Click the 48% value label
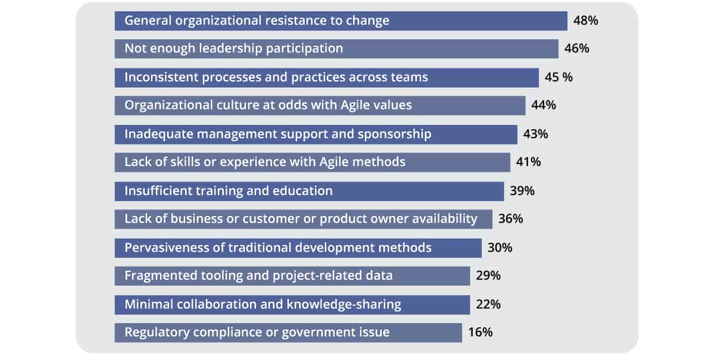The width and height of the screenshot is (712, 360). point(585,21)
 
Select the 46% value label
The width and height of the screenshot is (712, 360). point(576,49)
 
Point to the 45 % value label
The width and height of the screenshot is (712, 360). point(558,77)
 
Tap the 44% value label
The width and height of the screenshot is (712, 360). point(544,105)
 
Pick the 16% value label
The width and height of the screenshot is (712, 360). point(480,332)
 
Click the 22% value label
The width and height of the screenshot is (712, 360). point(488,305)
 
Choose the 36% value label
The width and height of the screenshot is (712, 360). point(510,219)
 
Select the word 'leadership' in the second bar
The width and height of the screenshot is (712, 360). point(224,49)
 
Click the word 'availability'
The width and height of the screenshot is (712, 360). point(443,219)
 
